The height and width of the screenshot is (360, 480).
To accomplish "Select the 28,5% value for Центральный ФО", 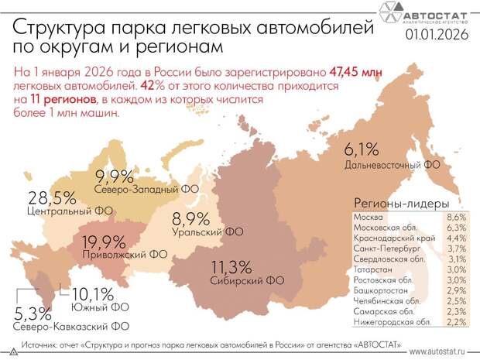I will pos(52,197).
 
